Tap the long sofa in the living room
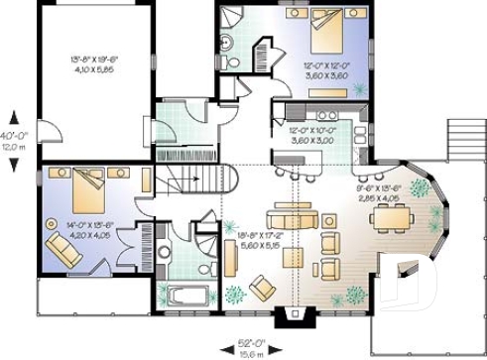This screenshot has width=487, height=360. click(x=294, y=217)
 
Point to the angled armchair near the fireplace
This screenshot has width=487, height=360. click(x=263, y=288)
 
